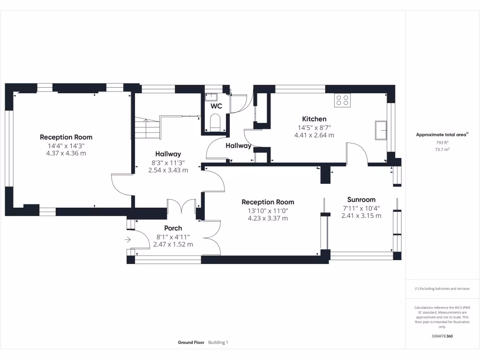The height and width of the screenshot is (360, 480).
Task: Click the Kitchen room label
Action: click(x=314, y=119)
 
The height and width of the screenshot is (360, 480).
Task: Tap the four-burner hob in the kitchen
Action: click(x=342, y=100)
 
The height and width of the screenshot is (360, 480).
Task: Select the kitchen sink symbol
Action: click(x=381, y=130)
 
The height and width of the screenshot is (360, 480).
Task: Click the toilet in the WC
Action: click(x=215, y=122)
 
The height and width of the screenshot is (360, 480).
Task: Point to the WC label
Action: click(x=216, y=106)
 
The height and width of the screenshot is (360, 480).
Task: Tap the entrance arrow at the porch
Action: click(x=127, y=240)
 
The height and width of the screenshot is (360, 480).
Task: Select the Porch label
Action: click(x=173, y=228)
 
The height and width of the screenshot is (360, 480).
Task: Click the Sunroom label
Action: click(x=361, y=200)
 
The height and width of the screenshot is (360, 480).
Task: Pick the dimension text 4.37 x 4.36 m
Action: click(x=66, y=153)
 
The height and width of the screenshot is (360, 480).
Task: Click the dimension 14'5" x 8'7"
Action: click(x=315, y=127)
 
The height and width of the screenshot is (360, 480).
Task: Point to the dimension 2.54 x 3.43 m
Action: click(x=168, y=170)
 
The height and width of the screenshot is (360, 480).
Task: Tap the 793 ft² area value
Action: click(x=442, y=142)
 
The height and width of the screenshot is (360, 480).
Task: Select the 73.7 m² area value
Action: click(x=442, y=150)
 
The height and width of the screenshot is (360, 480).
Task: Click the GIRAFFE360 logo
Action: click(x=442, y=336)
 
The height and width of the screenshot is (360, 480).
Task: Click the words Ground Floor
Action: click(x=191, y=343)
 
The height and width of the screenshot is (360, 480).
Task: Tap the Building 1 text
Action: click(x=218, y=343)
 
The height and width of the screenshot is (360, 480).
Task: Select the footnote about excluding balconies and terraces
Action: click(x=442, y=289)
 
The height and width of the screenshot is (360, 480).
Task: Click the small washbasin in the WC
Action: click(x=211, y=97)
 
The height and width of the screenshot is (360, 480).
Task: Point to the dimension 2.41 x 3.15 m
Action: click(x=361, y=216)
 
